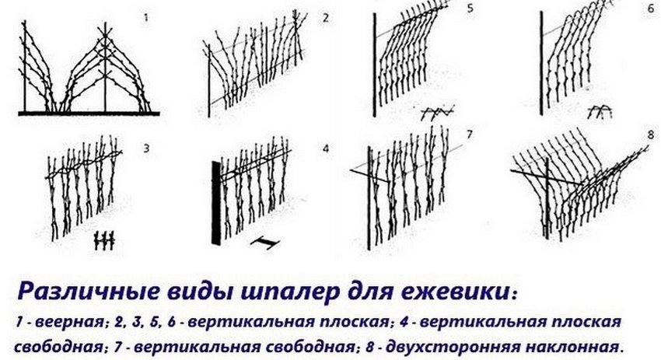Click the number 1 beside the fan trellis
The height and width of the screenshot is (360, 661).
[146, 18]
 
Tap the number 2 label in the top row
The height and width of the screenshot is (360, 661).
[325, 18]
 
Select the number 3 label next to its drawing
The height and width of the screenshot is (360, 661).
[146, 149]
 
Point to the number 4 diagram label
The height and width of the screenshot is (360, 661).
[325, 149]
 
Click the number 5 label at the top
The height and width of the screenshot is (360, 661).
[470, 8]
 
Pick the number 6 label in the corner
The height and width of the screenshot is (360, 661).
[651, 9]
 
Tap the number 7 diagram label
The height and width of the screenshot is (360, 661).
[470, 135]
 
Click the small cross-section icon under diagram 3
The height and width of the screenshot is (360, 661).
[104, 240]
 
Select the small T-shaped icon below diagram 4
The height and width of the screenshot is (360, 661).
[264, 243]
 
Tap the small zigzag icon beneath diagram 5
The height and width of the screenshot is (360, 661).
[438, 112]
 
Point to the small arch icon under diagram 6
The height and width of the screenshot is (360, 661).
[600, 111]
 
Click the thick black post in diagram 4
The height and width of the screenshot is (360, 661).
[216, 203]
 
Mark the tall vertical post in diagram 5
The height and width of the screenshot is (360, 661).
[374, 65]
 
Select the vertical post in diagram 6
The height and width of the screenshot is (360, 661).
[542, 63]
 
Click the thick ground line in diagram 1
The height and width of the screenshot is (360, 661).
[89, 114]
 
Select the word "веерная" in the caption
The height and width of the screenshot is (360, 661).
[69, 323]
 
